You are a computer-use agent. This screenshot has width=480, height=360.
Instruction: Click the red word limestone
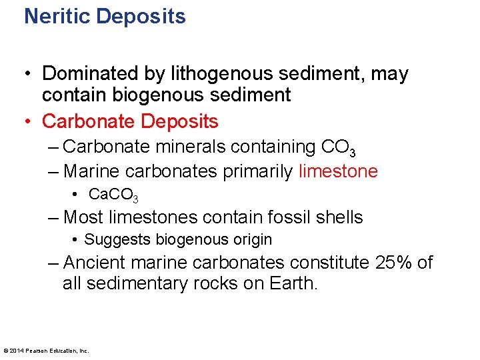pyautogui.click(x=338, y=171)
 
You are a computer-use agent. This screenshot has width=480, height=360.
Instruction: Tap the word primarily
pyautogui.click(x=257, y=171)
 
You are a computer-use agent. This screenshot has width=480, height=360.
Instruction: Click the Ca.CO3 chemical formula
pyautogui.click(x=113, y=195)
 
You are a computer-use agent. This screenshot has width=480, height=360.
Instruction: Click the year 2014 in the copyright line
pyautogui.click(x=16, y=350)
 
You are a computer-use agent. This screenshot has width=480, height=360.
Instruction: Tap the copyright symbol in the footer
pyautogui.click(x=6, y=350)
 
